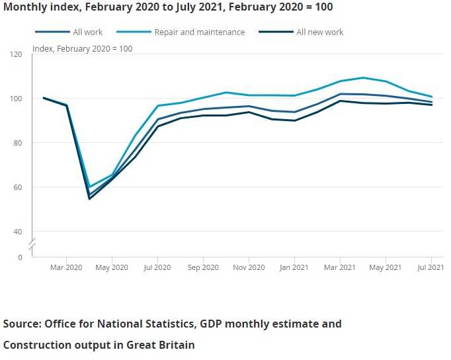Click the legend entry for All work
pyautogui.click(x=87, y=32)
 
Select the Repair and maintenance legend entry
pyautogui.click(x=198, y=32)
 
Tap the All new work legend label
pyautogui.click(x=319, y=32)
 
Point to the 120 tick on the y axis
pyautogui.click(x=17, y=54)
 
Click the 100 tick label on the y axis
pyautogui.click(x=17, y=98)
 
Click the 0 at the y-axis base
pyautogui.click(x=20, y=257)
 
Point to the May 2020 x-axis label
pyautogui.click(x=112, y=267)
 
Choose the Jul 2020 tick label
pyautogui.click(x=157, y=267)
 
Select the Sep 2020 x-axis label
pyautogui.click(x=203, y=267)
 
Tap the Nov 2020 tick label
pyautogui.click(x=249, y=267)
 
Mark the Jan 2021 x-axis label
pyautogui.click(x=294, y=267)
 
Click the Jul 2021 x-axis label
pyautogui.click(x=431, y=267)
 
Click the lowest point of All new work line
pyautogui.click(x=89, y=199)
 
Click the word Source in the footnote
pyautogui.click(x=22, y=324)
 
